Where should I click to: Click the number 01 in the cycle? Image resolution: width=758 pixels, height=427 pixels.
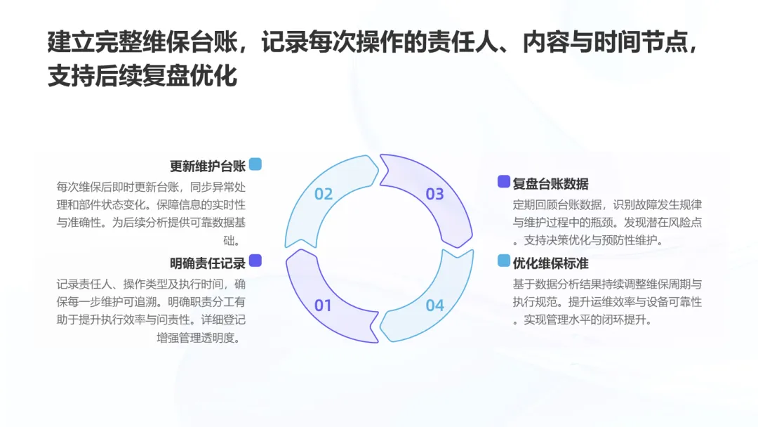click(323, 306)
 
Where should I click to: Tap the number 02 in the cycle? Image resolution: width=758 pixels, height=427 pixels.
click(323, 195)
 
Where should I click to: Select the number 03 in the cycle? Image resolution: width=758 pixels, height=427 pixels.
click(435, 195)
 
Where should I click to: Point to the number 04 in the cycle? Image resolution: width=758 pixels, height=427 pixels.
click(435, 306)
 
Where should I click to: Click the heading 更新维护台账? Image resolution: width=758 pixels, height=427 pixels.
click(208, 166)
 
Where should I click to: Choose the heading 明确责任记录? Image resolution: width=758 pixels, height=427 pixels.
click(208, 263)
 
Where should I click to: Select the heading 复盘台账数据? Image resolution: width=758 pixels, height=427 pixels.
click(550, 184)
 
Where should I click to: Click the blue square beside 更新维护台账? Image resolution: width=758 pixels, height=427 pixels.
click(255, 164)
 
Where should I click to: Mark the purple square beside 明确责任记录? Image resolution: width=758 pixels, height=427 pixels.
click(255, 261)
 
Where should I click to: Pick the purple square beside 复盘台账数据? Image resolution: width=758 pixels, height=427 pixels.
click(503, 182)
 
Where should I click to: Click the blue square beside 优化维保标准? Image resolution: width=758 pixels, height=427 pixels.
click(503, 261)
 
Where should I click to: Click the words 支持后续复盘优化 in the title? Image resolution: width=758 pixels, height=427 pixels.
click(142, 76)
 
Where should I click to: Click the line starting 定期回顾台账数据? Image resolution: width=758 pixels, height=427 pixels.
click(608, 204)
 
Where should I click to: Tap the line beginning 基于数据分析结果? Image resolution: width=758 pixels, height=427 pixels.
click(608, 284)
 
